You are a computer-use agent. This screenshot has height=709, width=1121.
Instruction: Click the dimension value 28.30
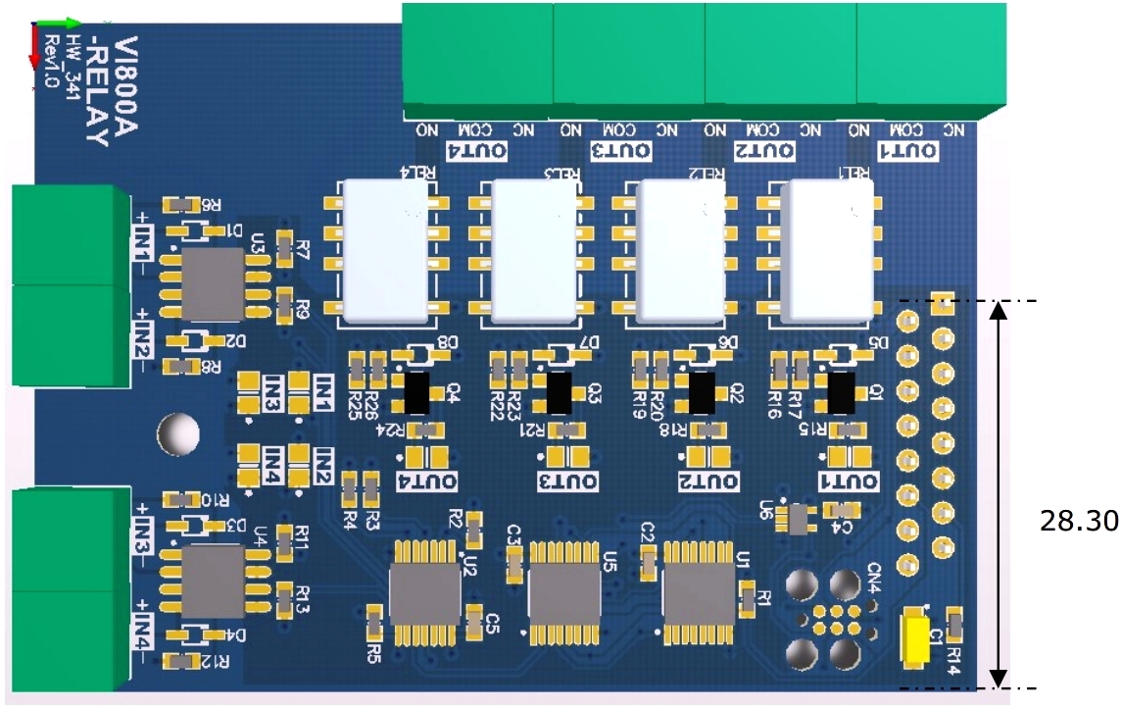(1078, 521)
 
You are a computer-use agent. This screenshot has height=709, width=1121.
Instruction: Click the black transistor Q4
(418, 392)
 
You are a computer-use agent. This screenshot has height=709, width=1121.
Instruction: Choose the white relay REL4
(383, 252)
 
